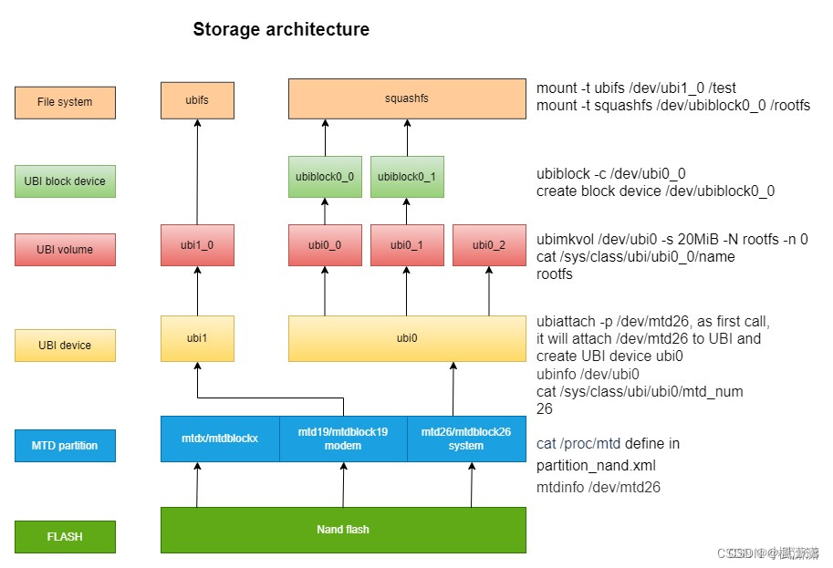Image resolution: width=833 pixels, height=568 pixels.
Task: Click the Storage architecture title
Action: pos(281,29)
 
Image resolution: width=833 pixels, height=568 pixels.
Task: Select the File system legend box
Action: pos(65,102)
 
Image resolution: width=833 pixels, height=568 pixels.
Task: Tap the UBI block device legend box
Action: pos(65,181)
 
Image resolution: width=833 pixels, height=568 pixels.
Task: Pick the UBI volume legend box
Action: pos(65,249)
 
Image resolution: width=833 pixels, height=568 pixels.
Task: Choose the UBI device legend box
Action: pos(65,346)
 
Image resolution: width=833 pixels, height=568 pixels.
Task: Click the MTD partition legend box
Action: pos(65,446)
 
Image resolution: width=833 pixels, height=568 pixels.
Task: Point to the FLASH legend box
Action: pos(65,537)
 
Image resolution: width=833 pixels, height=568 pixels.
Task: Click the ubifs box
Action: pos(197,99)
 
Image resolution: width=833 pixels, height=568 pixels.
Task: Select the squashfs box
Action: pos(407,98)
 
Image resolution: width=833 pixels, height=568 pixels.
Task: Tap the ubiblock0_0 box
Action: pos(325,176)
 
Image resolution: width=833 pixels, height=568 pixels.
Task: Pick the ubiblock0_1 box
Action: pos(407,176)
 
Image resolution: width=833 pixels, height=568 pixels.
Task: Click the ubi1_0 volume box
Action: pos(197,245)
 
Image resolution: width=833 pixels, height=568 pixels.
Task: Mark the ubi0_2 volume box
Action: pos(489,245)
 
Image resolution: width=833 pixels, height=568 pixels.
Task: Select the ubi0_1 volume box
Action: pos(407,245)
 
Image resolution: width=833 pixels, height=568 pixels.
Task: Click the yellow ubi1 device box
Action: pos(197,338)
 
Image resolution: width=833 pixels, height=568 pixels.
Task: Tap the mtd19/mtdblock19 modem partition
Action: pos(343,439)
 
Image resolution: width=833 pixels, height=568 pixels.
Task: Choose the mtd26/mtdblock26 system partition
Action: pos(466,439)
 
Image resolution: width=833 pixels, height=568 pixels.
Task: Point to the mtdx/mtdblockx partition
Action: pos(220,439)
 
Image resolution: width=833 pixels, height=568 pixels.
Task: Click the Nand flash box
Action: pos(343,530)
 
